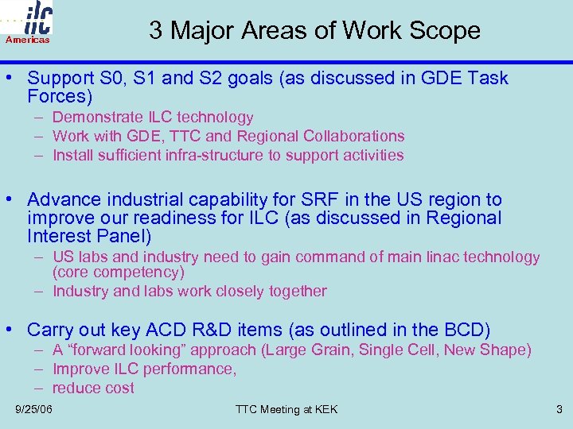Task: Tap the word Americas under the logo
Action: (28, 40)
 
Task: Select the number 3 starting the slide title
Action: (156, 30)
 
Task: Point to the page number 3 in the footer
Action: (559, 409)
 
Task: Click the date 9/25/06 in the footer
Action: (34, 409)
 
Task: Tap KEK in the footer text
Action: (325, 409)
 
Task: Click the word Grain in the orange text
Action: (335, 350)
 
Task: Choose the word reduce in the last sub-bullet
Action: (76, 388)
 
